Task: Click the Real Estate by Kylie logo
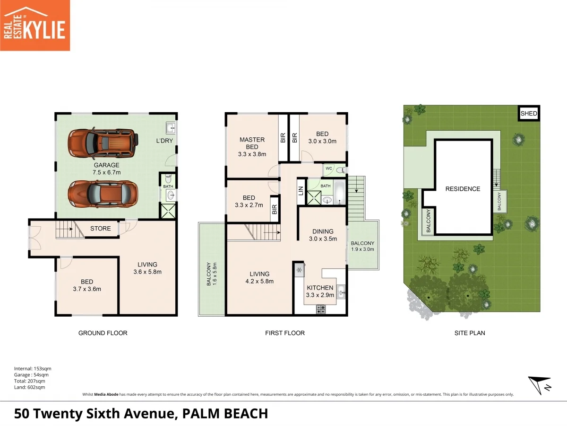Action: pyautogui.click(x=35, y=25)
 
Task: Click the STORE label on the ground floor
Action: pyautogui.click(x=100, y=229)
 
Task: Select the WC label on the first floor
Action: pyautogui.click(x=328, y=168)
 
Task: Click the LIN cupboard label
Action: pyautogui.click(x=301, y=190)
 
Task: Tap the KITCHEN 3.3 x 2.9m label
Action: pyautogui.click(x=320, y=291)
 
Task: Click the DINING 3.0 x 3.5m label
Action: pyautogui.click(x=323, y=235)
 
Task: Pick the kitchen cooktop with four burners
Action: pyautogui.click(x=321, y=310)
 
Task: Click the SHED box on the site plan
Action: pyautogui.click(x=529, y=114)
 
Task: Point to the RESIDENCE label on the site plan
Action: pyautogui.click(x=463, y=189)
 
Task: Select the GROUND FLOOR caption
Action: pyautogui.click(x=103, y=333)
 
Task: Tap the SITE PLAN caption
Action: pyautogui.click(x=470, y=333)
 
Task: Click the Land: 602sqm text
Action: pyautogui.click(x=29, y=387)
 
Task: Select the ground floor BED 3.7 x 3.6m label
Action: pyautogui.click(x=87, y=285)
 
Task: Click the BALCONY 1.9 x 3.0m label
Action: pyautogui.click(x=363, y=246)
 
